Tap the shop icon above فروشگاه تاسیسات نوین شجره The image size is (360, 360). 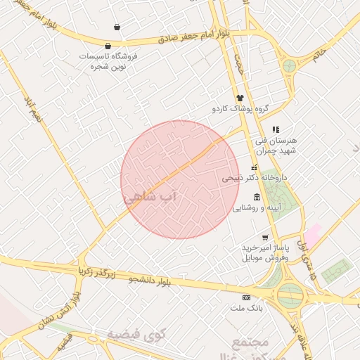coord(117,27)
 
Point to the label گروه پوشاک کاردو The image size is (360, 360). coord(243,110)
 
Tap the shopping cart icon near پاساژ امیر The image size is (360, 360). coord(265,238)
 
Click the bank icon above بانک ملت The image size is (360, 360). coord(246,297)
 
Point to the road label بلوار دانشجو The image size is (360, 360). coord(150,281)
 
